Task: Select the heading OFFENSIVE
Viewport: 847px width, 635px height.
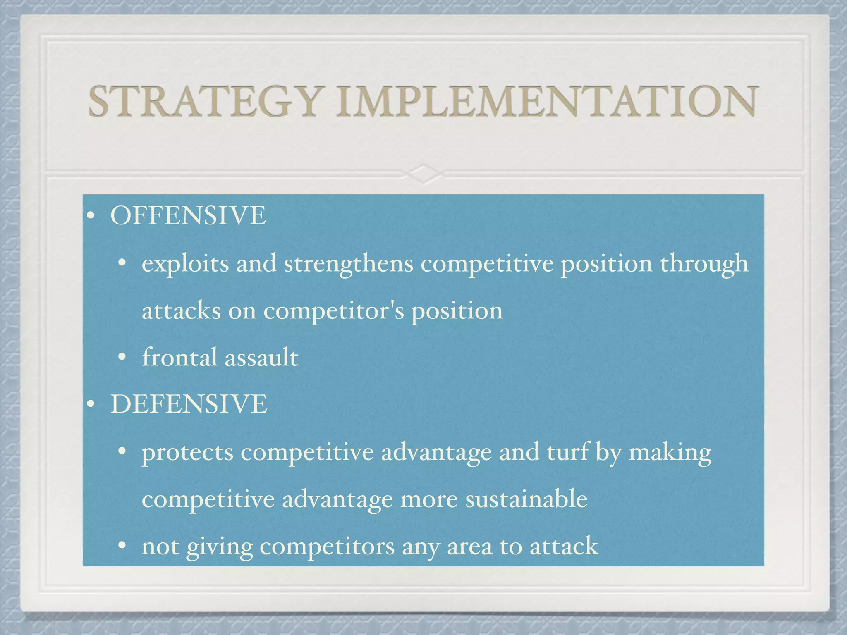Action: tap(188, 215)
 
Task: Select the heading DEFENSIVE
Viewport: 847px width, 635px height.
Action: tap(189, 404)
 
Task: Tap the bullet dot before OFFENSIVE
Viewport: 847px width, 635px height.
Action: tap(91, 216)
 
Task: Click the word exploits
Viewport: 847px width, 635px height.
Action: tap(185, 264)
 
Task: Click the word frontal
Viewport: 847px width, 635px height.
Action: tap(179, 357)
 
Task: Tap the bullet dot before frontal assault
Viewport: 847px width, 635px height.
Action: tap(122, 358)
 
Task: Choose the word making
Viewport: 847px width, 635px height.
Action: tap(670, 452)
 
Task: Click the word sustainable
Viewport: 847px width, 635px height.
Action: tap(526, 499)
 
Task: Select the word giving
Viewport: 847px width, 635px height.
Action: tap(219, 547)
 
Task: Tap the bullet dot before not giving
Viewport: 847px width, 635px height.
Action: tap(122, 546)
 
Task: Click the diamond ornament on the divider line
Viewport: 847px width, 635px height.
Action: tap(423, 174)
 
